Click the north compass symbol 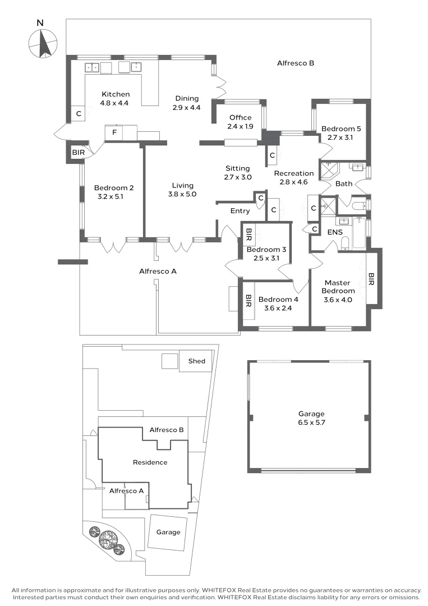coord(43,43)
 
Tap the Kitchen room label coord(115,94)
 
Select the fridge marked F coord(114,133)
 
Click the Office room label coord(240,118)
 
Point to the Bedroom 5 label coord(340,128)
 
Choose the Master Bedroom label coord(338,287)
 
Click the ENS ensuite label coord(335,232)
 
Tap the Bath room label coord(343,183)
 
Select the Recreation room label coord(294,173)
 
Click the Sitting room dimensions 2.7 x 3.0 coord(238,177)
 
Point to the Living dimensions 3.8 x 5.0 coord(183,194)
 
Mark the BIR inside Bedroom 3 coord(250,232)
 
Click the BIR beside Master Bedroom coord(371,279)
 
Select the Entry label coord(240,211)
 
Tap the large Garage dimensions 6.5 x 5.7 coord(311,422)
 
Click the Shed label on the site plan coord(196,361)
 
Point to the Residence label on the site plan coord(150,462)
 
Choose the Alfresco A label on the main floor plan coord(158,272)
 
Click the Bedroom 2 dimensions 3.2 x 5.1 coord(113,196)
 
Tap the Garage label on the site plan coord(168,532)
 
